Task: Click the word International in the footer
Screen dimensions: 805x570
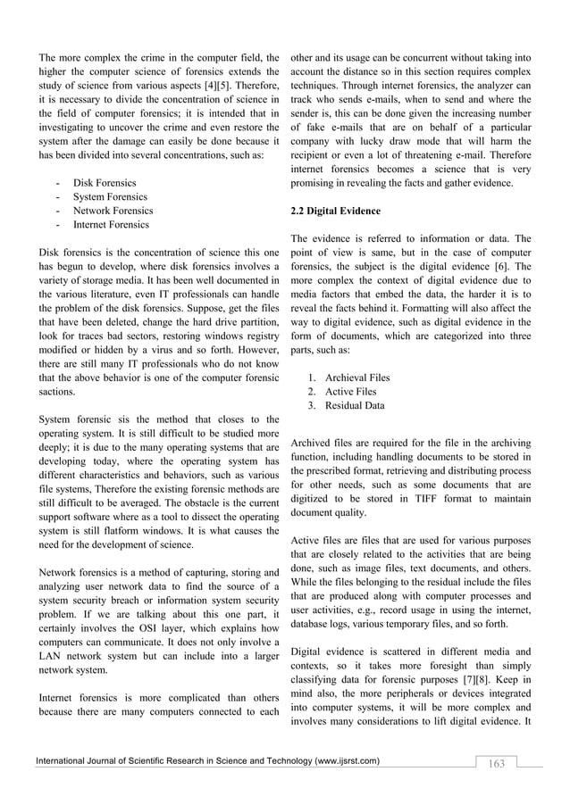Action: point(63,760)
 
